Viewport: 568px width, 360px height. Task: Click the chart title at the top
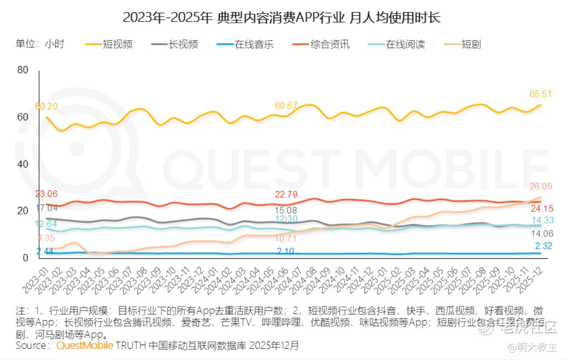pyautogui.click(x=282, y=18)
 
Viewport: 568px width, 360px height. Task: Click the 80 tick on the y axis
pyautogui.click(x=23, y=69)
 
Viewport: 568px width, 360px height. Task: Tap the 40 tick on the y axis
pyautogui.click(x=23, y=164)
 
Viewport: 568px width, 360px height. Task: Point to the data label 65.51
pyautogui.click(x=541, y=94)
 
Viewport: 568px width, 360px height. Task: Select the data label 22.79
pyautogui.click(x=286, y=195)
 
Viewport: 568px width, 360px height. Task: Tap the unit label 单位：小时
pyautogui.click(x=40, y=44)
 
